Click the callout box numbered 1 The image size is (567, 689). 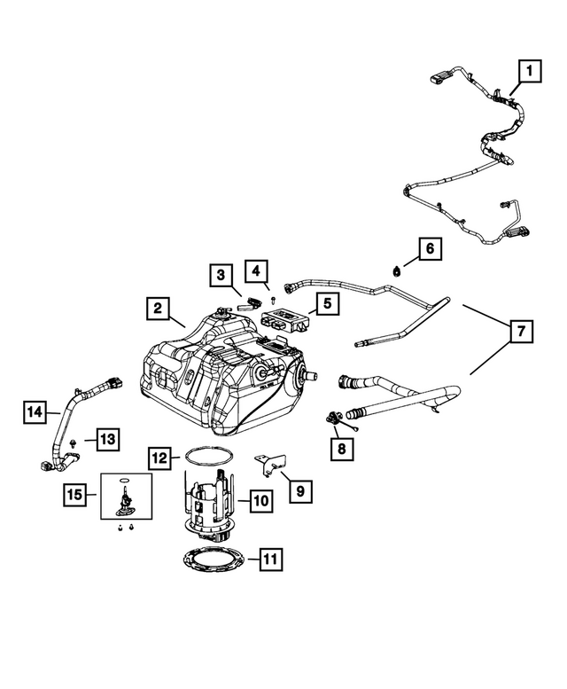tap(529, 70)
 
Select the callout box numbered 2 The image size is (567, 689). tap(156, 309)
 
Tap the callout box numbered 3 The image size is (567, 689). tap(221, 276)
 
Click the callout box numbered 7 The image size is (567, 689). tap(521, 332)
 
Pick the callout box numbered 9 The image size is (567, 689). tap(299, 489)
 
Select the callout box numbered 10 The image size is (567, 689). tap(260, 502)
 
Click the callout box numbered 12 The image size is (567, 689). tap(159, 458)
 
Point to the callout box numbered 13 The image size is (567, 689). tap(107, 438)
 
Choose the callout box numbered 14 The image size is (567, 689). tap(35, 411)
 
